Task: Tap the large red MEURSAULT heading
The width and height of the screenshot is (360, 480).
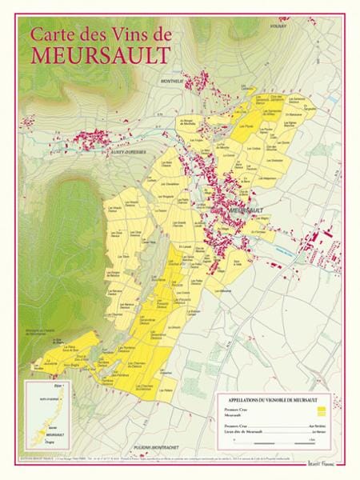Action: point(101,54)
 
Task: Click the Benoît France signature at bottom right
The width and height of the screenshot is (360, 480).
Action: point(322,462)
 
